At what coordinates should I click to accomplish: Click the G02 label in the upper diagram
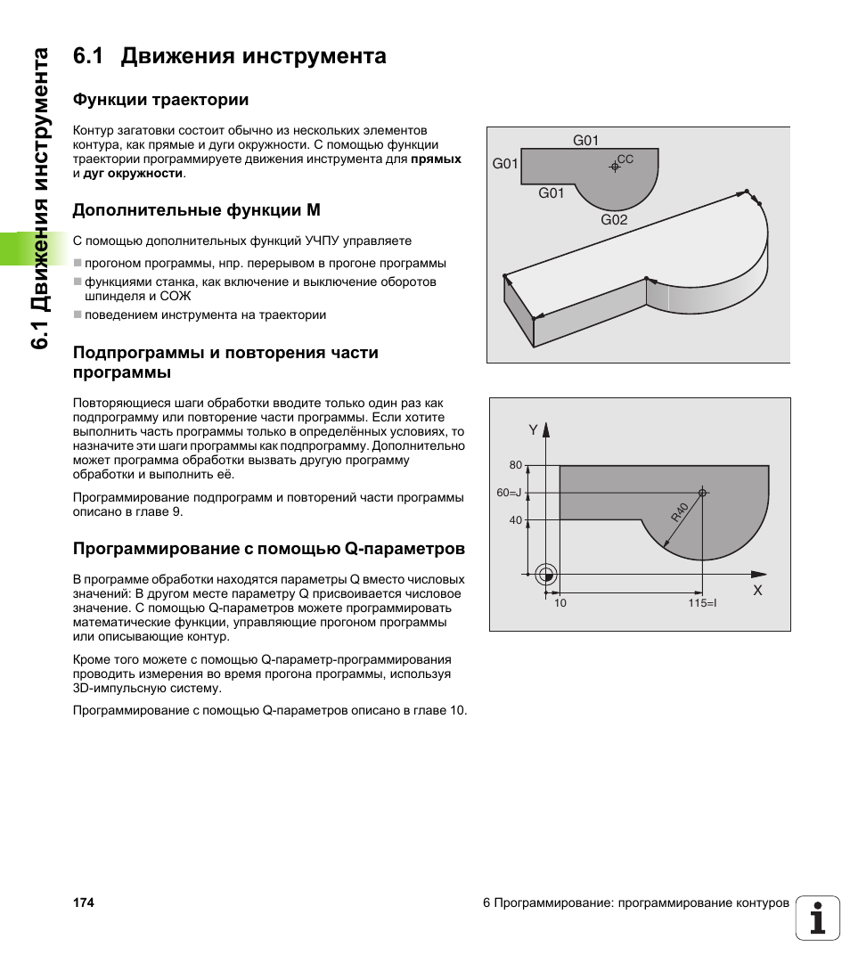[x=614, y=219]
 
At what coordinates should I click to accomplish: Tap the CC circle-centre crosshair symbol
[x=614, y=166]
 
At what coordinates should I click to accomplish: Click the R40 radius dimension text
[x=680, y=512]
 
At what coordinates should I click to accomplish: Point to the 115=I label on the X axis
[x=702, y=604]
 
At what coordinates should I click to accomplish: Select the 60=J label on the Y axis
[x=509, y=493]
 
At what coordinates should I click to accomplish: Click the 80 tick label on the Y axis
[x=515, y=465]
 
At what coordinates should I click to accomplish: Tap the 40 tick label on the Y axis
[x=515, y=520]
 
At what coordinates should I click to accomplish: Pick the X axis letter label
[x=758, y=591]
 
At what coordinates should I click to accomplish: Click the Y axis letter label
[x=534, y=430]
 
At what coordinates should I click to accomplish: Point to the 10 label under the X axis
[x=560, y=604]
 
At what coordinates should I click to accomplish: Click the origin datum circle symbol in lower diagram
[x=547, y=574]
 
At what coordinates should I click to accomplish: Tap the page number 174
[x=83, y=903]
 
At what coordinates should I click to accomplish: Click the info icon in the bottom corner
[x=818, y=918]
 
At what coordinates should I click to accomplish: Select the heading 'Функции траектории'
[x=160, y=99]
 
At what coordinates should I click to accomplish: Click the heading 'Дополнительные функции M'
[x=196, y=210]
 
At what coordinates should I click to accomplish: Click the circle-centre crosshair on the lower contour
[x=702, y=493]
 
